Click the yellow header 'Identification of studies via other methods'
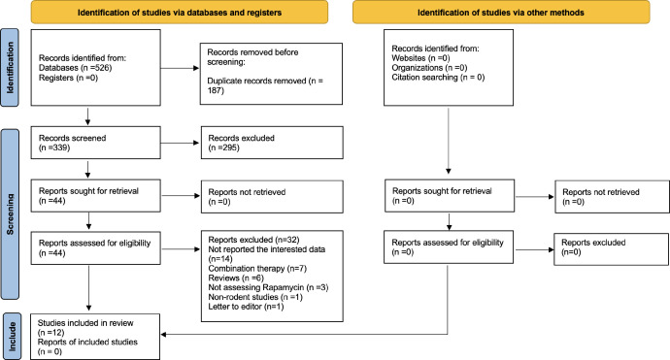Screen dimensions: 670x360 [x=501, y=12]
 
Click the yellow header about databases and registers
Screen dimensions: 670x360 [x=180, y=12]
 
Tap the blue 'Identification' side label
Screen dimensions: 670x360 [x=10, y=68]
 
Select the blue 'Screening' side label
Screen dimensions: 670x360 [x=10, y=213]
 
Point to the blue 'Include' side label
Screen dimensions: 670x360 [x=12, y=337]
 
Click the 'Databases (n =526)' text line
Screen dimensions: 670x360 [x=75, y=68]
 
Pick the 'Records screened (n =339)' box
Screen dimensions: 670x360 [x=96, y=143]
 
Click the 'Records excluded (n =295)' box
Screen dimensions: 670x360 [x=272, y=143]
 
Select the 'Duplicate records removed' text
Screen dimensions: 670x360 [x=256, y=81]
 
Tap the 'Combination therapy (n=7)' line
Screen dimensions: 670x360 [x=257, y=268]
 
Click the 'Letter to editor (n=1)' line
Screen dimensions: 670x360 [x=246, y=307]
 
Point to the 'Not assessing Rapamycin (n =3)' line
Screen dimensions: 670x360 [x=268, y=287]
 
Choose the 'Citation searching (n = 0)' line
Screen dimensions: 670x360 [x=438, y=78]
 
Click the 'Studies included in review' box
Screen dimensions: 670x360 [x=95, y=337]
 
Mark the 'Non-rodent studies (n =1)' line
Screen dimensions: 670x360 [x=255, y=297]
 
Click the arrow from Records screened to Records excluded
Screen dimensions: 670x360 [x=180, y=143]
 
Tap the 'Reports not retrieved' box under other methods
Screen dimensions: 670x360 [x=612, y=196]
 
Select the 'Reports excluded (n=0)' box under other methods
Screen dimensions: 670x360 [x=611, y=249]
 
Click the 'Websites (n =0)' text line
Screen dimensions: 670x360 [x=420, y=58]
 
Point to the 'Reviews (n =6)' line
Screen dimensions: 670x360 [x=236, y=278]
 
